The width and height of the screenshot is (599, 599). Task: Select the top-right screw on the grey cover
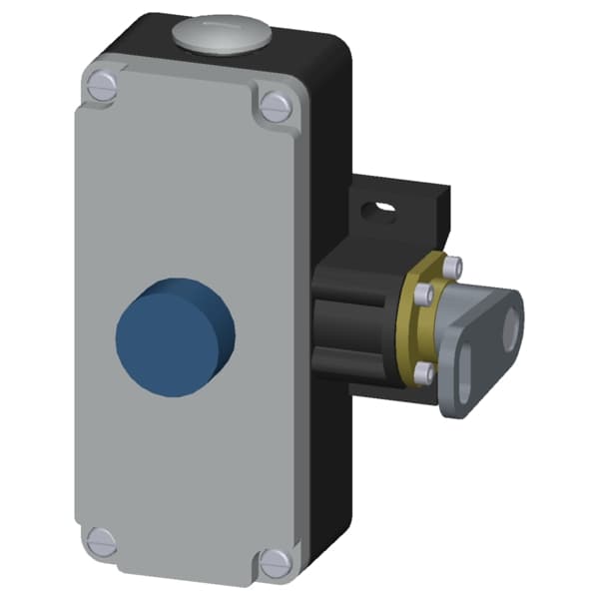tap(275, 103)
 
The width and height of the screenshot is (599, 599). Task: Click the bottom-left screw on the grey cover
tap(101, 542)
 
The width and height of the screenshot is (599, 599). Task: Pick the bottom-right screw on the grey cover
tap(276, 562)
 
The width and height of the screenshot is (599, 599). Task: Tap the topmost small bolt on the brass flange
tap(455, 267)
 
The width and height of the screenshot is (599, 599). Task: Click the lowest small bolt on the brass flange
tap(424, 372)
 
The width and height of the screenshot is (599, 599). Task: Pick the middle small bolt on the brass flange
tap(419, 294)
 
